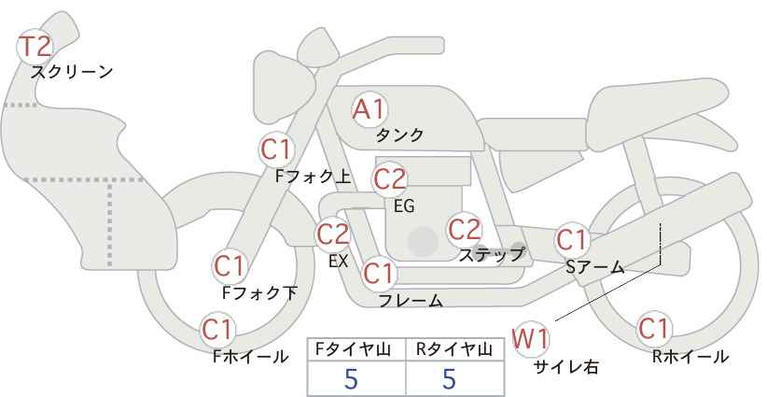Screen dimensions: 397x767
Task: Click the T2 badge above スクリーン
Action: pyautogui.click(x=36, y=46)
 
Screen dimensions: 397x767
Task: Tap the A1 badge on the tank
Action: pyautogui.click(x=369, y=109)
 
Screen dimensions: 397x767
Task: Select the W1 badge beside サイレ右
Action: pyautogui.click(x=531, y=338)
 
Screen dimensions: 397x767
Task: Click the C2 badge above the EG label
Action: pyautogui.click(x=390, y=178)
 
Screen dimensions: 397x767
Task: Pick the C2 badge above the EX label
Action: pyautogui.click(x=333, y=234)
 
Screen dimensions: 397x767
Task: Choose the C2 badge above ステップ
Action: pyautogui.click(x=464, y=229)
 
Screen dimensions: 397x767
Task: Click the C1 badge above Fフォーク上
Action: pyautogui.click(x=276, y=148)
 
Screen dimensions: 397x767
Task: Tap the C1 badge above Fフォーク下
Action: pyautogui.click(x=230, y=266)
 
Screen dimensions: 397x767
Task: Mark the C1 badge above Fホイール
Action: pyautogui.click(x=218, y=330)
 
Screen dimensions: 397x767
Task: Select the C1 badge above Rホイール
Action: pyautogui.click(x=653, y=330)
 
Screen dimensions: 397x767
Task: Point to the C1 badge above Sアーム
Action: pyautogui.click(x=572, y=240)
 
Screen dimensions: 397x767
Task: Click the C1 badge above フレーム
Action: pyautogui.click(x=379, y=275)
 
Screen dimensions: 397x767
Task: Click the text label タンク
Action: pyautogui.click(x=399, y=135)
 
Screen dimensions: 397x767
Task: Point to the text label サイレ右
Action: pyautogui.click(x=565, y=367)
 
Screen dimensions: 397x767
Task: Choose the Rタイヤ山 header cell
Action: pyautogui.click(x=456, y=349)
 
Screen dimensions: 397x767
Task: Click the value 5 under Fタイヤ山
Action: pyautogui.click(x=351, y=378)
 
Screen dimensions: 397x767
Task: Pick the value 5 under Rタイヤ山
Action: pyautogui.click(x=449, y=378)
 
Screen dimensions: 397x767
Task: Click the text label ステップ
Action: pyautogui.click(x=492, y=253)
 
